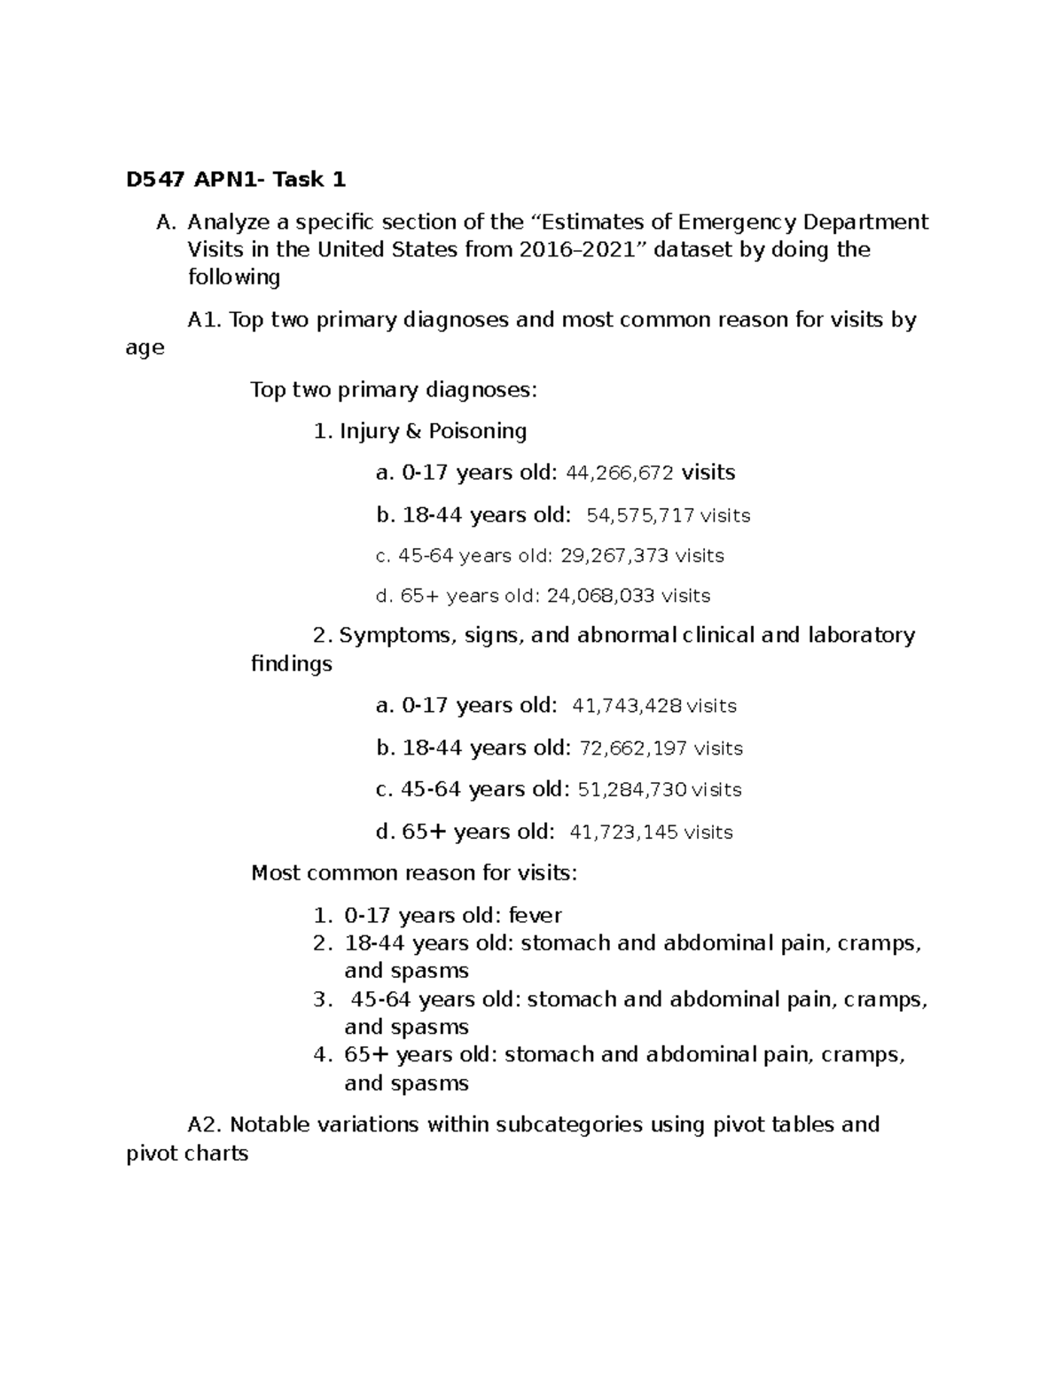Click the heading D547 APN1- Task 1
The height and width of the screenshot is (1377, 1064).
coord(236,180)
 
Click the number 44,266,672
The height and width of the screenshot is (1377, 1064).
coord(619,473)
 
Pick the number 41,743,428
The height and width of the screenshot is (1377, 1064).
coord(628,706)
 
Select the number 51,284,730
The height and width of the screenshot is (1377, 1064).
coord(632,789)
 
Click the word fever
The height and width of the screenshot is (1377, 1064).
coord(535,915)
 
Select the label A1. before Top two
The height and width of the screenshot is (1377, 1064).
coord(205,319)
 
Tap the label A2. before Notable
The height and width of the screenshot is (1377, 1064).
coord(206,1124)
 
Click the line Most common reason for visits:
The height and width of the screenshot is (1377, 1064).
coord(414,873)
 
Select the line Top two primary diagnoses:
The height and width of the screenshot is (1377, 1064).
coord(394,389)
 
